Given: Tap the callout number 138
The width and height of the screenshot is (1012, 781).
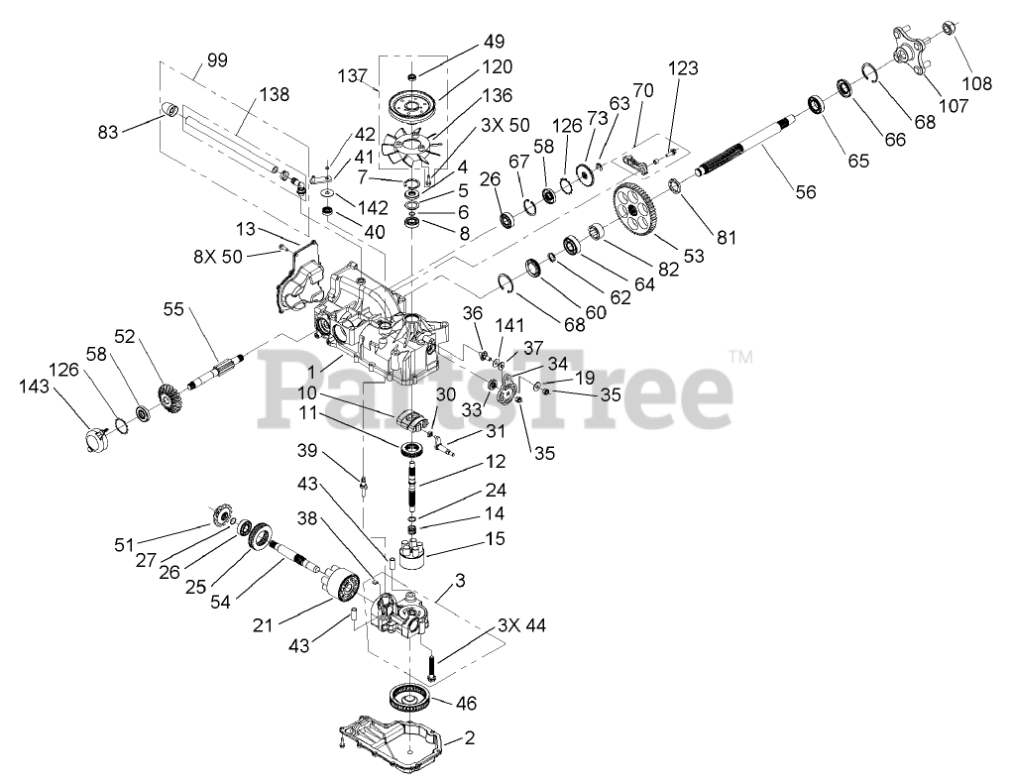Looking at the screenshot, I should (274, 95).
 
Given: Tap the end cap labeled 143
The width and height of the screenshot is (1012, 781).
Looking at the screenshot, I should (93, 435).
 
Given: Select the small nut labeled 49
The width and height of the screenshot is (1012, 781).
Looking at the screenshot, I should (412, 76).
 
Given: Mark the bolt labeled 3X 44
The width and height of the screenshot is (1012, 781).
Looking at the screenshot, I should (433, 664).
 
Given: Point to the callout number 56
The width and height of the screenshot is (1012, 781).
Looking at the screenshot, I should (806, 192).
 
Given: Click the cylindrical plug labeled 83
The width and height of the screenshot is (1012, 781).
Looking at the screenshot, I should (169, 108).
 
